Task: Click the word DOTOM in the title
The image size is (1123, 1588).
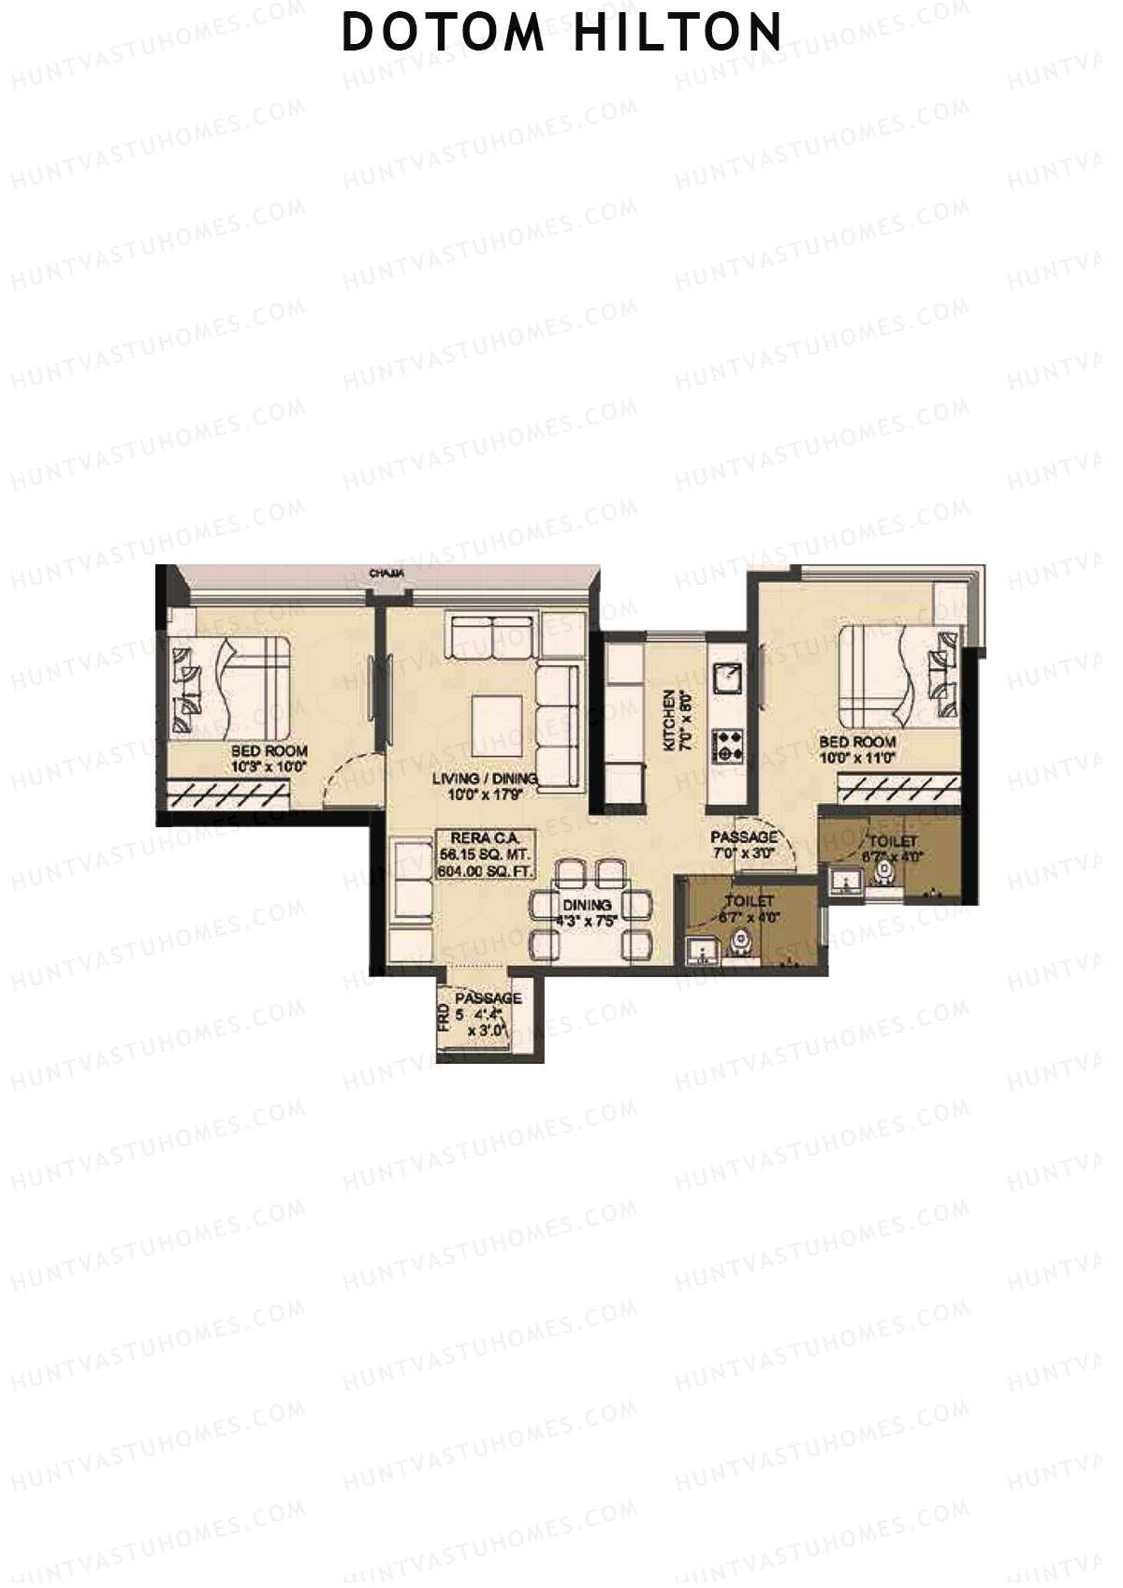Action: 443,32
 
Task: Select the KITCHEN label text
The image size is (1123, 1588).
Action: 669,721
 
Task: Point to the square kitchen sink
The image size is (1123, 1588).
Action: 727,677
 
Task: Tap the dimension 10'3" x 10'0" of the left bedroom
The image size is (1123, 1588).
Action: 270,767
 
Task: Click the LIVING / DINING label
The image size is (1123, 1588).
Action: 485,779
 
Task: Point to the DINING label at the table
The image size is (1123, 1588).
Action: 587,905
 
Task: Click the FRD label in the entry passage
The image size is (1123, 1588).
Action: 443,1017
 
